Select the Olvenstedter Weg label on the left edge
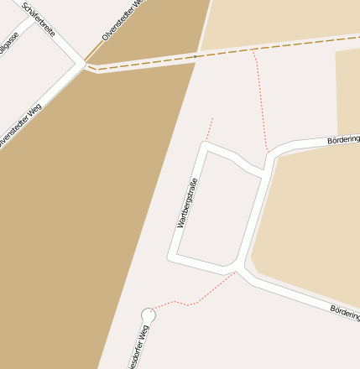point(20,126)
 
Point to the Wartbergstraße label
point(186,204)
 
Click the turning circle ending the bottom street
point(149,315)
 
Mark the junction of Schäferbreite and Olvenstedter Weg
point(85,64)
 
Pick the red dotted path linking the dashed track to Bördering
point(260,101)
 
